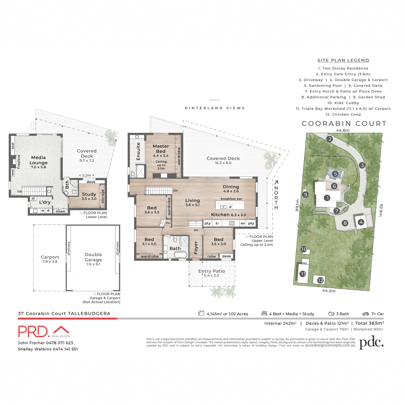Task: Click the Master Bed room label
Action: tap(161, 149)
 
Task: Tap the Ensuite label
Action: tap(138, 152)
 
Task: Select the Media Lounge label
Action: tap(38, 160)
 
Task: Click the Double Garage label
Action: tap(93, 257)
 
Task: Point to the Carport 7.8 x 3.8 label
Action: tap(50, 259)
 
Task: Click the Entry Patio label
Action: tap(212, 271)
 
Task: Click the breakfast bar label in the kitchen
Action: tap(232, 199)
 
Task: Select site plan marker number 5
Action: tap(335, 174)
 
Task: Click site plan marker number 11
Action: tap(303, 274)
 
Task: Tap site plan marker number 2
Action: tap(330, 139)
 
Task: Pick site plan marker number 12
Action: tap(320, 280)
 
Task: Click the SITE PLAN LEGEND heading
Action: tap(343, 60)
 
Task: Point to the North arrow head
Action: tap(276, 183)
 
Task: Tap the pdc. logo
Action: tap(371, 343)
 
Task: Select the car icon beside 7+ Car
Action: tap(366, 314)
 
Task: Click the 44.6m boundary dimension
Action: tap(343, 130)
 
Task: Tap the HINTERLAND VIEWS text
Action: tap(215, 108)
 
